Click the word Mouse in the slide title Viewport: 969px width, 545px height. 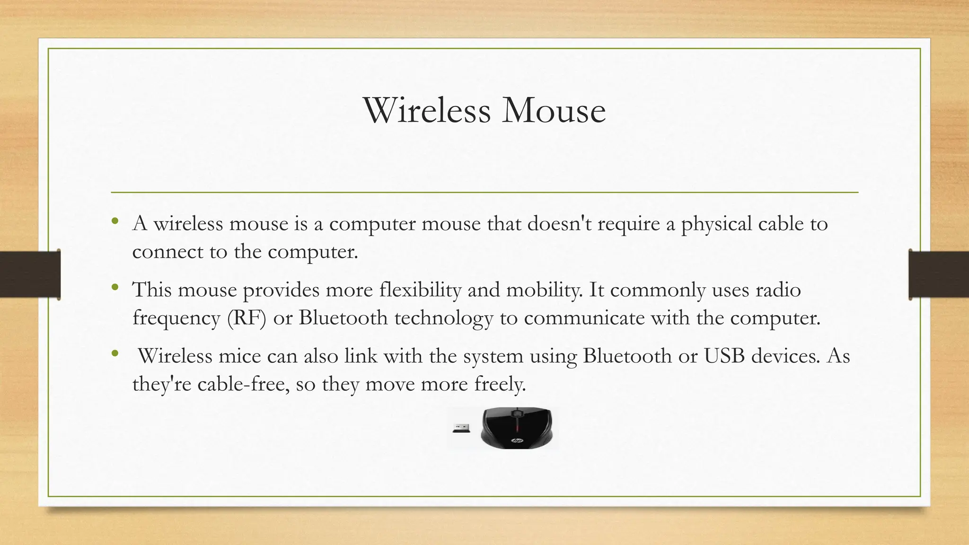tap(554, 110)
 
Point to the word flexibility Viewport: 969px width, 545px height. tap(420, 290)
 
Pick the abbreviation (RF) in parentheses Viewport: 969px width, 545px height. tap(247, 317)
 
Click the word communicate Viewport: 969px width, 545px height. tap(584, 317)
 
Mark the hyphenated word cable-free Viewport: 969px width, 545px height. tap(243, 384)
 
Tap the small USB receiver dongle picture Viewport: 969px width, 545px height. tap(461, 428)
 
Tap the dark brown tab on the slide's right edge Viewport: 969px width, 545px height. tap(939, 274)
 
